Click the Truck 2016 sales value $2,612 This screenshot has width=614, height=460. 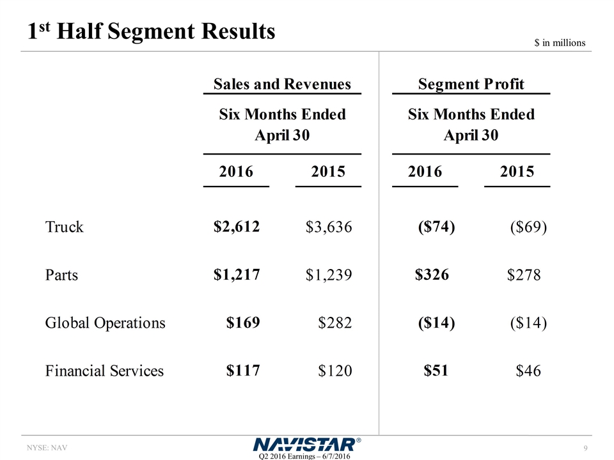point(237,226)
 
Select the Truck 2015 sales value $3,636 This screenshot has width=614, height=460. point(329,227)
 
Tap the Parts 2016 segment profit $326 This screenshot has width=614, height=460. point(432,275)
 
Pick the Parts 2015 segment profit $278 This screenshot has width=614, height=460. point(524,275)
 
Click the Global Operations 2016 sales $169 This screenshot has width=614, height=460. point(243,322)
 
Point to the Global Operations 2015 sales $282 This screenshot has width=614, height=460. point(335,323)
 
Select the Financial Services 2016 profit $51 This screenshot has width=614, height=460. point(436,370)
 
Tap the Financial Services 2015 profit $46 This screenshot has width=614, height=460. point(528,371)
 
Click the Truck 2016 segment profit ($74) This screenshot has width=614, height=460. point(436,226)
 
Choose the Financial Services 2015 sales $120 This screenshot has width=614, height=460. point(335,371)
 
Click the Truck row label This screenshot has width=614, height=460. point(64,227)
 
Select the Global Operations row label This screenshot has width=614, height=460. point(105,323)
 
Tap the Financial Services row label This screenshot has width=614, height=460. point(104,371)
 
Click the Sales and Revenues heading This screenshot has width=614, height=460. point(282,84)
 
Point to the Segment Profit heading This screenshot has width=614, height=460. point(471,84)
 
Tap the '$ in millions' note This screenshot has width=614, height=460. point(560,43)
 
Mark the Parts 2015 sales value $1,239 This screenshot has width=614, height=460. point(329,275)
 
